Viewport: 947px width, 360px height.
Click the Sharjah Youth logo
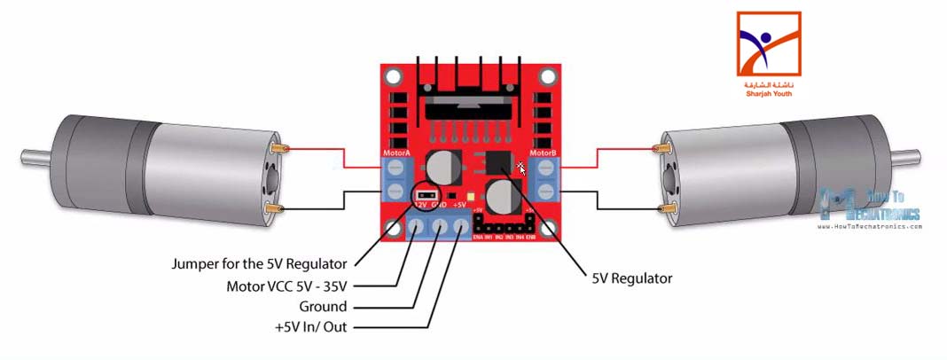[768, 53]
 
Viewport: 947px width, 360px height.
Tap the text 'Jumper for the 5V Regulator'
[262, 263]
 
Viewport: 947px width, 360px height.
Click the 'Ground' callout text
[324, 307]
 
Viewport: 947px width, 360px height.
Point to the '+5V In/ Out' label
[311, 328]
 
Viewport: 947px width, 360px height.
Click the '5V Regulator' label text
[632, 278]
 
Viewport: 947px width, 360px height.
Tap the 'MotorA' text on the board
[395, 153]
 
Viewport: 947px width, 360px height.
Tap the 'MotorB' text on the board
[542, 153]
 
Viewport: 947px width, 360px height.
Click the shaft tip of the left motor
[26, 158]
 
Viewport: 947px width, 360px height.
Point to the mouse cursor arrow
[522, 168]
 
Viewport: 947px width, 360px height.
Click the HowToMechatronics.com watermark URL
[868, 227]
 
